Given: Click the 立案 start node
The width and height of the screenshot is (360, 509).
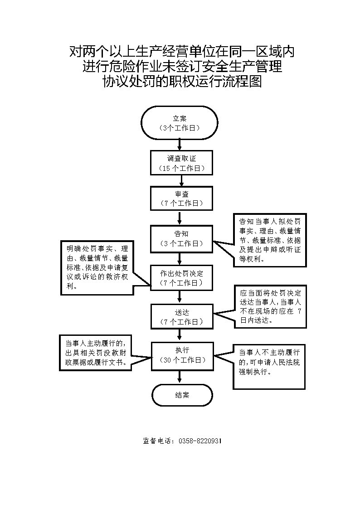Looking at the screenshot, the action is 179,123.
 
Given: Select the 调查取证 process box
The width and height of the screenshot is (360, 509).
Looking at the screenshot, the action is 181,163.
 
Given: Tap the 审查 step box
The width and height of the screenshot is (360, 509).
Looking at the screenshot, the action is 181,198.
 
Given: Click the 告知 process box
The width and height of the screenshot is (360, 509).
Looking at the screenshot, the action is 181,239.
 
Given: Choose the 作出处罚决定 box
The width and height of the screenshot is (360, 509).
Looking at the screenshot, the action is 181,277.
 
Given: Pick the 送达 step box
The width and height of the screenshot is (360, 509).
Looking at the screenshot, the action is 181,316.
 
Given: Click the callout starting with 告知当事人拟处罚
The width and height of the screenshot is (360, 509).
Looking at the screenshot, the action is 270,240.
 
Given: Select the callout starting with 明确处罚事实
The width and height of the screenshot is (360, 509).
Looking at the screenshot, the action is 97,267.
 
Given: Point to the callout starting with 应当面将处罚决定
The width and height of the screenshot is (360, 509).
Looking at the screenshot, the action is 270,306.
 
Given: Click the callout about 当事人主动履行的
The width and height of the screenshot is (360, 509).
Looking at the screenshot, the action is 95,353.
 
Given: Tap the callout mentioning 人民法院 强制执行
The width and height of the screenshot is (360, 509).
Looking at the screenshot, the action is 269,367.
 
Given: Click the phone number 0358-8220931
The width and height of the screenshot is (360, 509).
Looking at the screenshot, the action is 200,441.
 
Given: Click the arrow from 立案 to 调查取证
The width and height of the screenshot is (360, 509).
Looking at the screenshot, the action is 180,145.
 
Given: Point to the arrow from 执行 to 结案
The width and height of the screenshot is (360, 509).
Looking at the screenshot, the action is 180,377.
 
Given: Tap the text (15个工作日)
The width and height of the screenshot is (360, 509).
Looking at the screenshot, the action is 181,169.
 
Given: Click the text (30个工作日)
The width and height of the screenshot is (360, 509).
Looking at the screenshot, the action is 182,360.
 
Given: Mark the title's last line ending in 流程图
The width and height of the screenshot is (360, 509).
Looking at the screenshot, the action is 182,82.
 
